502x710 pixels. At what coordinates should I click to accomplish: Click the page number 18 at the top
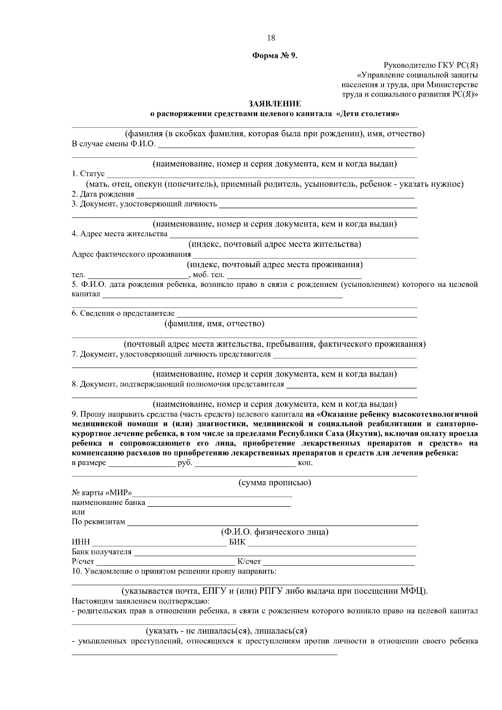(271, 38)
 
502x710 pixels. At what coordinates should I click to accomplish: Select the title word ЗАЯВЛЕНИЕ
(274, 104)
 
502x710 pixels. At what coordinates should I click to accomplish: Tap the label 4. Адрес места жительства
(120, 234)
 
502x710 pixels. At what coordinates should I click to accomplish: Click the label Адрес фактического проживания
(131, 254)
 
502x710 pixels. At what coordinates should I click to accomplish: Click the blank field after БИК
(332, 544)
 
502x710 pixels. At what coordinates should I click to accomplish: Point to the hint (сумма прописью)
(274, 483)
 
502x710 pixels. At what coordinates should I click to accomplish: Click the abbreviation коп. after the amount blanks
(305, 463)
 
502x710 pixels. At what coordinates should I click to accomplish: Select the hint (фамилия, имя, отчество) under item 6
(214, 324)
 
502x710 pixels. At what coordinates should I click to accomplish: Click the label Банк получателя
(102, 552)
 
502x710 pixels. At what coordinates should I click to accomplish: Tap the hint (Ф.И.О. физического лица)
(274, 532)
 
